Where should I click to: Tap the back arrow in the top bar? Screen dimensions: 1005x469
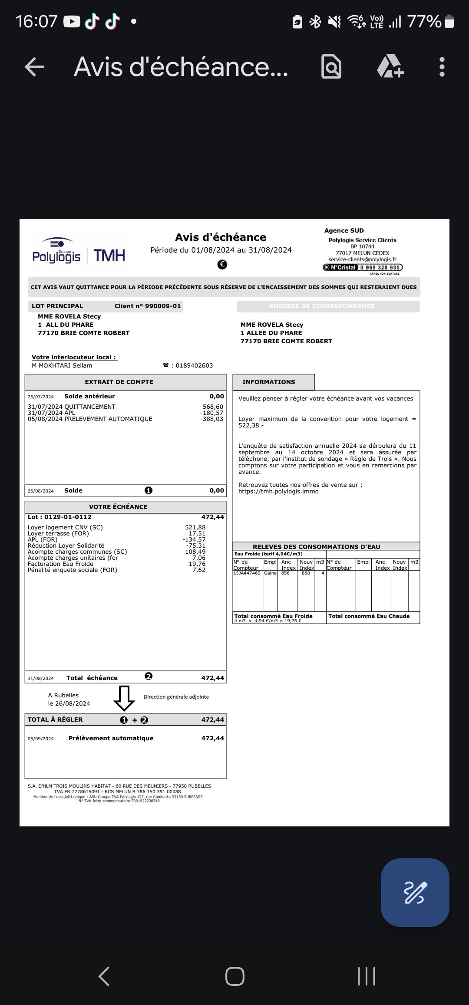35,67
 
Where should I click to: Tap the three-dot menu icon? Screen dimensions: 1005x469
442,67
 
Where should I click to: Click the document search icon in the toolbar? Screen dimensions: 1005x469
331,67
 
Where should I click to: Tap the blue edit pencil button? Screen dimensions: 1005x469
415,892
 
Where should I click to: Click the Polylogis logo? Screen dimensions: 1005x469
57,252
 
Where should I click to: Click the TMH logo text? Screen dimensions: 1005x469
109,256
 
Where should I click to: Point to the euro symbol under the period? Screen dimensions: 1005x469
222,264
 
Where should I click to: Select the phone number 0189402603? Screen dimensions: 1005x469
194,365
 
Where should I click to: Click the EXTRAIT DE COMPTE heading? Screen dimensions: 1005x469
119,382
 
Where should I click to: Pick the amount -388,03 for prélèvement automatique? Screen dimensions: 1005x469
211,419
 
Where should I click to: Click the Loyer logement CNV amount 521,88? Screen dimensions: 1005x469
195,527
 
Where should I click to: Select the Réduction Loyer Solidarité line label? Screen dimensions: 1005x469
66,545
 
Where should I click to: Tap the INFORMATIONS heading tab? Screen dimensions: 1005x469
269,382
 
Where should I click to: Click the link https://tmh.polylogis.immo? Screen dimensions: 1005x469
278,491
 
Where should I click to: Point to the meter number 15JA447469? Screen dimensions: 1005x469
247,573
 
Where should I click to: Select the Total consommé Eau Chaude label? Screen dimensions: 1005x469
369,616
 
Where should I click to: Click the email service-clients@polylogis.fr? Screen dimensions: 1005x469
362,259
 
